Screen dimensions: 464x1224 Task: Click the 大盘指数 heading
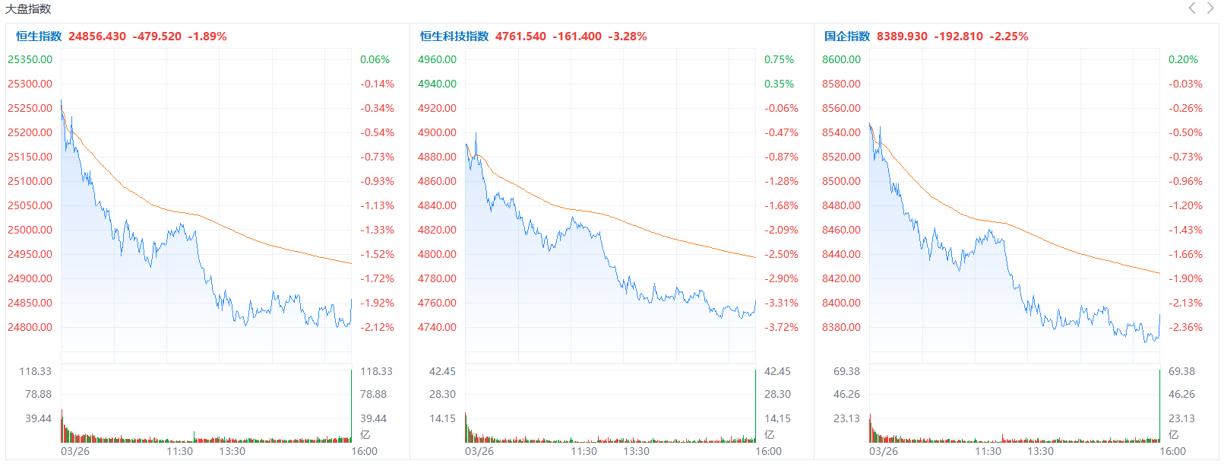(x=28, y=9)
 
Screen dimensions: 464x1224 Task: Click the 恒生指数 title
(x=39, y=37)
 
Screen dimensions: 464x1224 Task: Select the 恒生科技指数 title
(x=454, y=37)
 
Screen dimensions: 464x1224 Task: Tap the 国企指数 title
(x=847, y=37)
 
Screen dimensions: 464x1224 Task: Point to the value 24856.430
(x=97, y=37)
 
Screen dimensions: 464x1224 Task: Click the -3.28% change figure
(x=628, y=37)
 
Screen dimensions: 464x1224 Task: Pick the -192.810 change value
(x=958, y=37)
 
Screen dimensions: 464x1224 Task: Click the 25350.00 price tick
(x=30, y=59)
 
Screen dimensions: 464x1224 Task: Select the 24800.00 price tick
(x=30, y=327)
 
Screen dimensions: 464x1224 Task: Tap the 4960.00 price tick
(x=437, y=59)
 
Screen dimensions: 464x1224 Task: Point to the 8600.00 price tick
(x=841, y=59)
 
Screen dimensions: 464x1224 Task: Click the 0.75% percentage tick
(x=779, y=59)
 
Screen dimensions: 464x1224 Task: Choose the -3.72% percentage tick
(x=782, y=327)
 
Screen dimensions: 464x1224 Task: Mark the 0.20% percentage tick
(x=1183, y=59)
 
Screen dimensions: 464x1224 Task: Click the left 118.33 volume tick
(x=35, y=371)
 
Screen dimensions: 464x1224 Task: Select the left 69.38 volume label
(x=846, y=371)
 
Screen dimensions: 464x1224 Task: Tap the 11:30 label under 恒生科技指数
(x=584, y=451)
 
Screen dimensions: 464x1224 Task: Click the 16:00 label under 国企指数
(x=1172, y=451)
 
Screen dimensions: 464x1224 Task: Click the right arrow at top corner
(x=1210, y=8)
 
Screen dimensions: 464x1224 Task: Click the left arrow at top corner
(x=1191, y=8)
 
